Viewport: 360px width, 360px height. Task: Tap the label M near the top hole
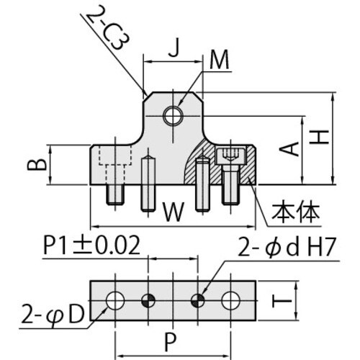(x=218, y=62)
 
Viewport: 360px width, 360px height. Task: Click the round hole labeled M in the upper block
(x=173, y=114)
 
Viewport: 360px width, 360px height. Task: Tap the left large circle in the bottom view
(x=115, y=300)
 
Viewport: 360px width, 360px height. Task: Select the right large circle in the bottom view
(x=230, y=300)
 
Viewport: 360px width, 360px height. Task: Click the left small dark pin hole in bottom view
(x=148, y=300)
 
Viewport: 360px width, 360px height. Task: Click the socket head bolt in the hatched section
(x=231, y=173)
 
